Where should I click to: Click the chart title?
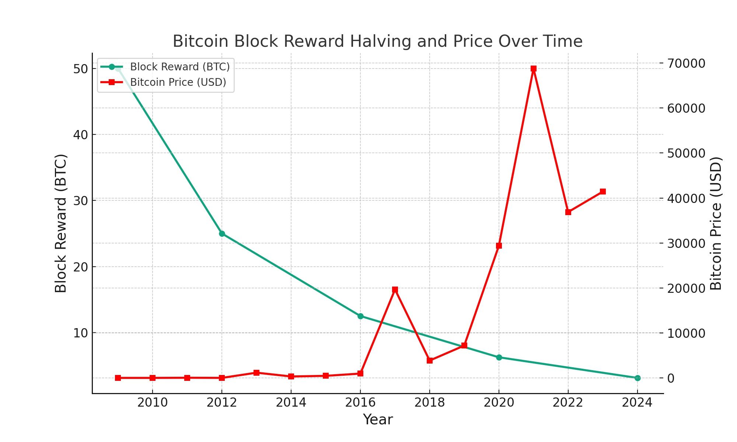point(377,41)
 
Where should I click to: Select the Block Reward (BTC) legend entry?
point(179,67)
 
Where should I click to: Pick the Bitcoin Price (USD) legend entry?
point(178,82)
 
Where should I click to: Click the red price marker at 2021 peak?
point(534,69)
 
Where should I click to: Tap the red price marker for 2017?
point(395,290)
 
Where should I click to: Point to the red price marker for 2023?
point(603,192)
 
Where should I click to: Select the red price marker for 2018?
point(430,361)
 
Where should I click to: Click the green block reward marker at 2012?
point(222,234)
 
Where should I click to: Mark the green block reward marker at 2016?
point(360,316)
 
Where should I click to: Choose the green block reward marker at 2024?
point(638,378)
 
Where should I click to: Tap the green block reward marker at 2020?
point(499,357)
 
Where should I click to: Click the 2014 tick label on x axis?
point(291,403)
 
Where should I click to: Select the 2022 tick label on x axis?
point(568,403)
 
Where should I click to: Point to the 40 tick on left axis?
point(80,135)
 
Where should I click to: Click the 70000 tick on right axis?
point(686,63)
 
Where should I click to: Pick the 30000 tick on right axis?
point(686,243)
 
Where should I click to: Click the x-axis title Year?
point(378,420)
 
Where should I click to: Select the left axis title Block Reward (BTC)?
point(61,223)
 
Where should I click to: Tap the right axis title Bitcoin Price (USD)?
point(716,223)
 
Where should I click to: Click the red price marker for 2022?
point(568,212)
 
